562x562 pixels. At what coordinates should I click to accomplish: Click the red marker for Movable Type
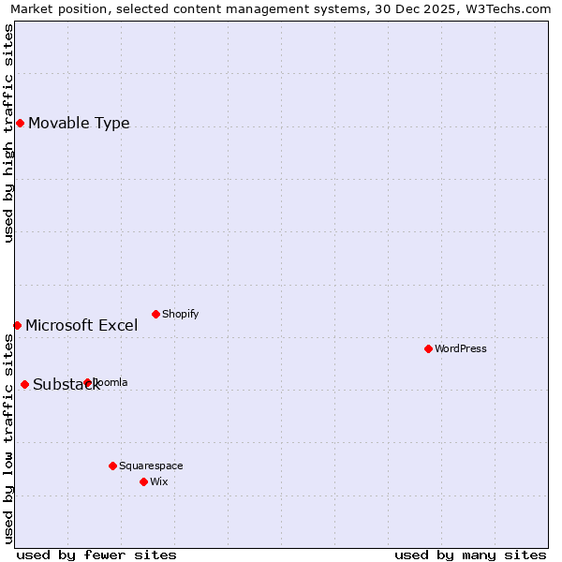coord(20,123)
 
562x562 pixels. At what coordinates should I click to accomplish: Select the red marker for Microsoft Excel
coord(17,325)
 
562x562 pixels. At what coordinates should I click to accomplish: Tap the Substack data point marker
coord(24,384)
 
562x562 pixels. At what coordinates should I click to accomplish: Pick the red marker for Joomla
coord(87,382)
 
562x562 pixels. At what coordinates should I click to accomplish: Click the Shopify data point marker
coord(155,314)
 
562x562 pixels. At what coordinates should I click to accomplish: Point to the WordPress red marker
coord(428,348)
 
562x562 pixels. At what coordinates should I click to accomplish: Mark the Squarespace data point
coord(112,466)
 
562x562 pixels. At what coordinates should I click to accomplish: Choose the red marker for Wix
coord(143,481)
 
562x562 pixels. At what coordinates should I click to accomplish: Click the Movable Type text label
coord(79,124)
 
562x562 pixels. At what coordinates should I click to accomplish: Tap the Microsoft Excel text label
coord(81,326)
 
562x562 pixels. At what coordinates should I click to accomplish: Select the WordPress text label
coord(461,349)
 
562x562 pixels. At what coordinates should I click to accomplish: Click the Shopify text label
coord(181,315)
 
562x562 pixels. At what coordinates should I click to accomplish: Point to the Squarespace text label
coord(151,466)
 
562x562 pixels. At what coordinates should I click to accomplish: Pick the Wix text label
coord(159,482)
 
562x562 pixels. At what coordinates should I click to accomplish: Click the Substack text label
coord(66,385)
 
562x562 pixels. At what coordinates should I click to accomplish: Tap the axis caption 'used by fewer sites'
coord(96,555)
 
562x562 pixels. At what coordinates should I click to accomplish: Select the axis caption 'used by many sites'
coord(470,555)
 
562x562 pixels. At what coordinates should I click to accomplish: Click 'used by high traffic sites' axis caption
coord(8,133)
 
